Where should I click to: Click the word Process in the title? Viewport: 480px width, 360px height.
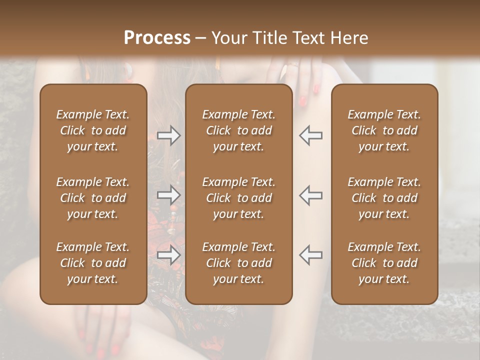(157, 38)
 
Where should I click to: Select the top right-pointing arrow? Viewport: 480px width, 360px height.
(168, 135)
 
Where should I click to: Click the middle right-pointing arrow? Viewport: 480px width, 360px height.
(168, 195)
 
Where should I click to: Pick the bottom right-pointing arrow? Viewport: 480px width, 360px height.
(168, 255)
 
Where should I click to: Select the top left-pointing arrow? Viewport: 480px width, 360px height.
(310, 135)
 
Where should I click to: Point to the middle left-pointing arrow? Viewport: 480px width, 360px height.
(310, 195)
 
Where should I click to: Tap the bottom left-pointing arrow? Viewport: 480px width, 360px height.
(310, 255)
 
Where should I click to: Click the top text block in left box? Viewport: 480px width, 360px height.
(93, 130)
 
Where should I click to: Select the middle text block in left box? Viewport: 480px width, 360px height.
(93, 198)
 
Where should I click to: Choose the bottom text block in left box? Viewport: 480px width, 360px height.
(93, 263)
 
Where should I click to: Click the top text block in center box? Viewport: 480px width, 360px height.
(239, 130)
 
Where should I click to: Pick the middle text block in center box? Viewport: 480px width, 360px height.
(239, 198)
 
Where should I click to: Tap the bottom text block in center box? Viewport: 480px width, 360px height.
(239, 263)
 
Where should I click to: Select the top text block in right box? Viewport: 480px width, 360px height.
(384, 130)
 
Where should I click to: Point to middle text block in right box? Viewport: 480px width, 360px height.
(384, 198)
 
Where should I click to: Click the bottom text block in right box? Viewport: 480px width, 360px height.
(384, 263)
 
